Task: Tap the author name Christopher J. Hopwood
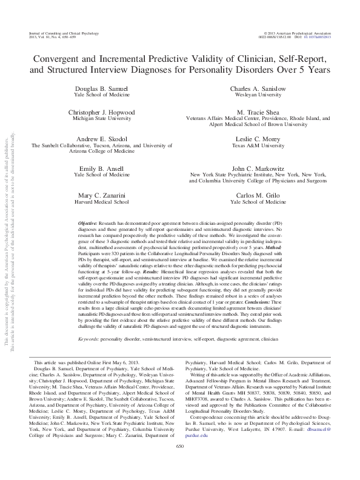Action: [99, 113]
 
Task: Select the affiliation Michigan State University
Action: [99, 120]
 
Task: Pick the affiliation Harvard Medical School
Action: [99, 202]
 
